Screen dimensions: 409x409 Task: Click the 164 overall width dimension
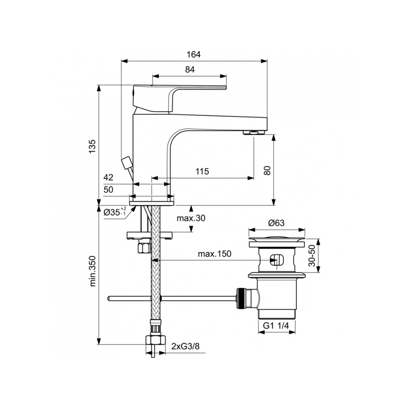pos(194,54)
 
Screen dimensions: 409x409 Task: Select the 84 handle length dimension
pos(189,70)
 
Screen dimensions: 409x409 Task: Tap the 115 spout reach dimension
pos(202,172)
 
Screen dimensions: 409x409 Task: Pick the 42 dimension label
pos(108,178)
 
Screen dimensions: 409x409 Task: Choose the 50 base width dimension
pos(108,190)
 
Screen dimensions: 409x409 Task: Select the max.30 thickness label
pos(191,218)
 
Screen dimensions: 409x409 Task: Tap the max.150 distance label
pos(214,254)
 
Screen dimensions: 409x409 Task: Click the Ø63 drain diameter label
pos(277,223)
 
